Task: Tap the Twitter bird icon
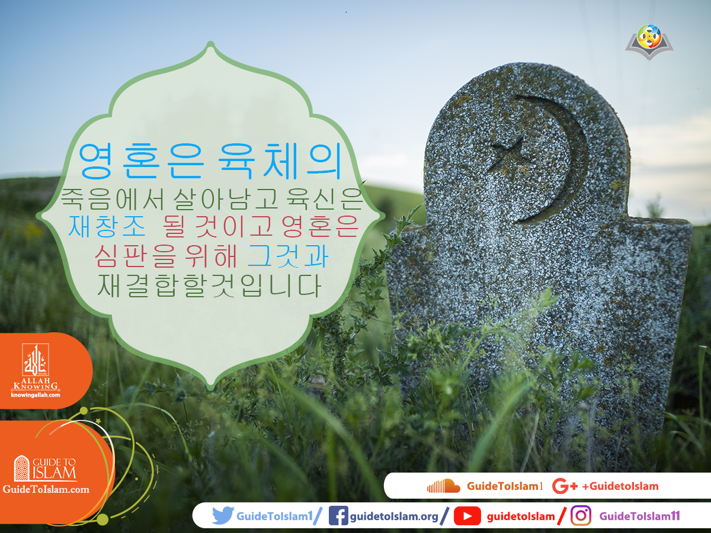[x=223, y=516]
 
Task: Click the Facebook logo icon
[x=338, y=516]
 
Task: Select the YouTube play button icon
[x=467, y=516]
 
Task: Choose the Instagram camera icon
[x=581, y=516]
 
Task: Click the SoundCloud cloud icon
[x=443, y=486]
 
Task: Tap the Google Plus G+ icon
[x=564, y=486]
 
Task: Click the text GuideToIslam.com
[x=46, y=489]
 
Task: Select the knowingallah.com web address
[x=36, y=395]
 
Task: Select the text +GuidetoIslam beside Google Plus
[x=620, y=486]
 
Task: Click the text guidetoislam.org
[x=394, y=516]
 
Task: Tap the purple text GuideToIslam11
[x=639, y=516]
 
